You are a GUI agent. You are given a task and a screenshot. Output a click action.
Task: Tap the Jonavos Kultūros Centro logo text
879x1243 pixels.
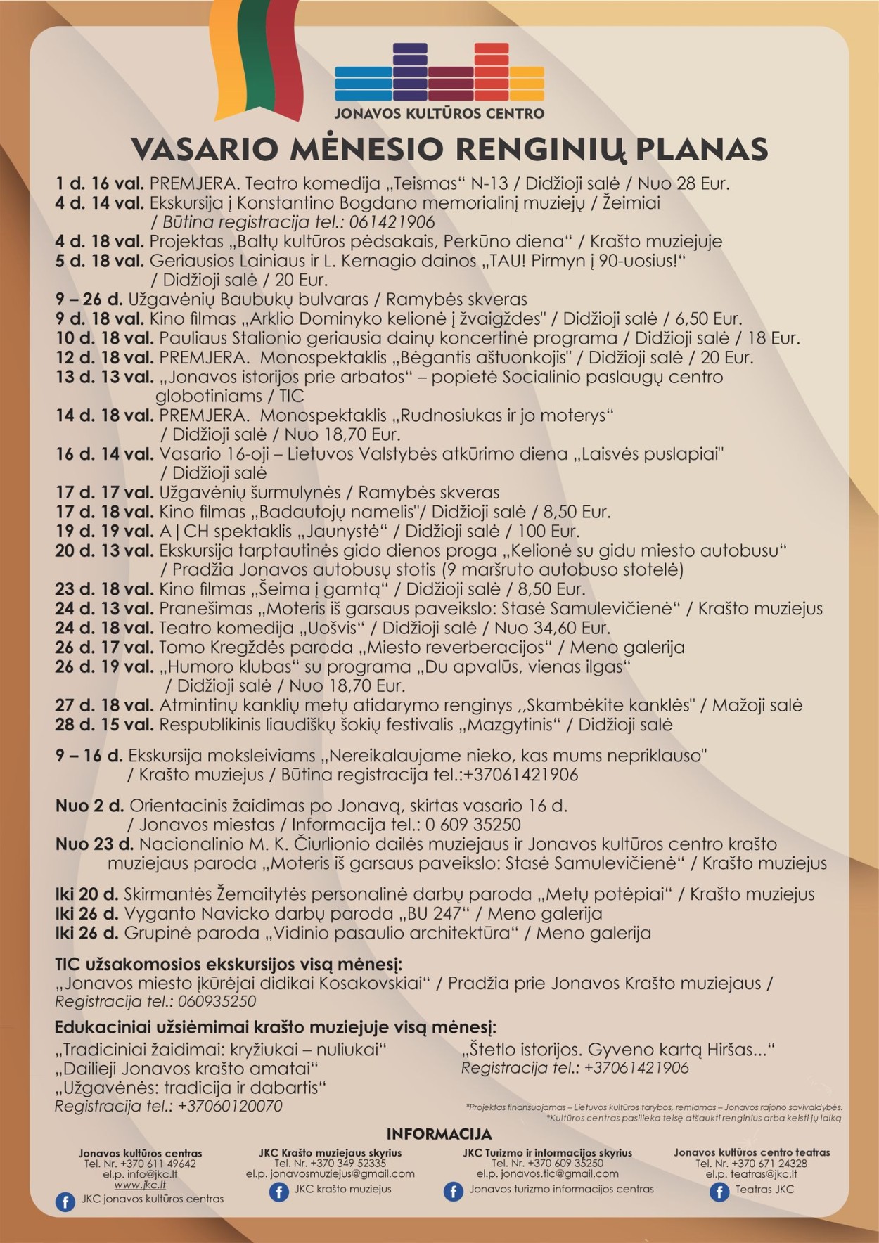(439, 113)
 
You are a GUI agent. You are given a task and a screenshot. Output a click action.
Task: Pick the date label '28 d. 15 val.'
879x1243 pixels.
(104, 724)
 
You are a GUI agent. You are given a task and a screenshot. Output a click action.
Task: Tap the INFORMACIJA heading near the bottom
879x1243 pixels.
(439, 1134)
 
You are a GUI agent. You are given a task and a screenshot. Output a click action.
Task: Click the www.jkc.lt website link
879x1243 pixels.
(140, 1185)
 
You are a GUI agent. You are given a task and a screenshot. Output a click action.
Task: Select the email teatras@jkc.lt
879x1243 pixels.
(752, 1173)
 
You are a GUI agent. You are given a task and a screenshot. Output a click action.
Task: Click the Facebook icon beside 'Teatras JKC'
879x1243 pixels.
(719, 1192)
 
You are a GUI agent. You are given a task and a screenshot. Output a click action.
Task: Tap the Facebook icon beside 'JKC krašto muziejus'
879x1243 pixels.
(279, 1192)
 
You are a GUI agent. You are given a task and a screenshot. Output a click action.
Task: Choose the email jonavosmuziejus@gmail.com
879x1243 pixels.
(330, 1173)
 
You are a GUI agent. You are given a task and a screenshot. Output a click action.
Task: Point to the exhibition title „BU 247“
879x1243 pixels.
(434, 914)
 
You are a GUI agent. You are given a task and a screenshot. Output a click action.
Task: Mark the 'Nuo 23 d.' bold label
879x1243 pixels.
(94, 844)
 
